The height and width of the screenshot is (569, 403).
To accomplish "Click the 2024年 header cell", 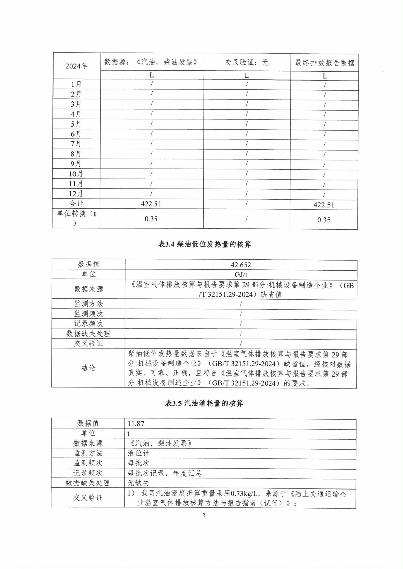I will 77,66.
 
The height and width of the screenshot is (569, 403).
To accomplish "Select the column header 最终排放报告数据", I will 324,63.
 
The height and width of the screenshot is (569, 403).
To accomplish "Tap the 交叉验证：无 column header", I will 247,62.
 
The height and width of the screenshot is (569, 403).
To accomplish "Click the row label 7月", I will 76,144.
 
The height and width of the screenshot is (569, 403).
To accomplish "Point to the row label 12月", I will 76,194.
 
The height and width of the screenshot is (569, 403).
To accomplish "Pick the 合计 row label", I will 76,204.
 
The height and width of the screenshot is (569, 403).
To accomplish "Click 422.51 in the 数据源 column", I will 151,204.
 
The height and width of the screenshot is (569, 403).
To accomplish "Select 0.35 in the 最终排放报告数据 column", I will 324,220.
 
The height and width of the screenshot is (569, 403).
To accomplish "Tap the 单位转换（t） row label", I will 76,218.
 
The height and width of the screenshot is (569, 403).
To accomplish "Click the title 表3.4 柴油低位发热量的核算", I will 204,244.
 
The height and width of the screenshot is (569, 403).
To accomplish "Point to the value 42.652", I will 241,265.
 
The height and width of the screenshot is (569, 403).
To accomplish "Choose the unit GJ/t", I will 241,275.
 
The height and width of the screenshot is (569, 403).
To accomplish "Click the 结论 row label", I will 88,368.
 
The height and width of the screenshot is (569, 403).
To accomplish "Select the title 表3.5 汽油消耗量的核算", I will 204,403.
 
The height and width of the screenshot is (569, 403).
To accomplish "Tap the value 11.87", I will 136,424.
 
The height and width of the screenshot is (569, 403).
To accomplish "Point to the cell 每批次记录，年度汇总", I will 165,473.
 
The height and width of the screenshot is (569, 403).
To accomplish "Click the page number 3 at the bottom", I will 204,515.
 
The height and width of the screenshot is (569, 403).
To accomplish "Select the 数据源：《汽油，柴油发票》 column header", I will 151,62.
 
